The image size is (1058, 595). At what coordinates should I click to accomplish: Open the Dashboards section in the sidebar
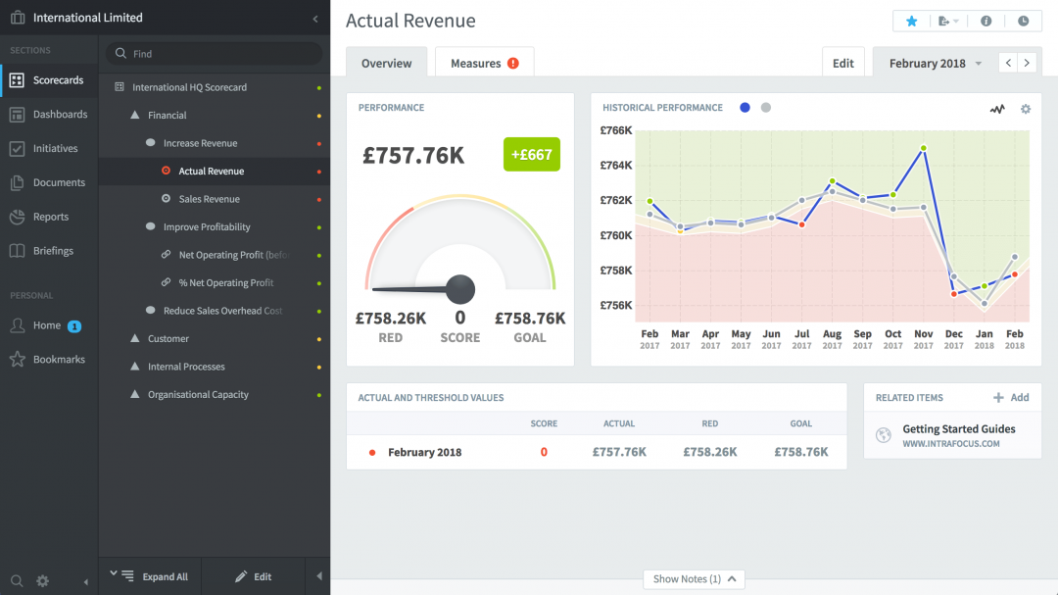(x=60, y=115)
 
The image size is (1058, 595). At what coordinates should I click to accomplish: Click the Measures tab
(x=484, y=63)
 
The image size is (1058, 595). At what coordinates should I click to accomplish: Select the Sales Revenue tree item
(x=209, y=199)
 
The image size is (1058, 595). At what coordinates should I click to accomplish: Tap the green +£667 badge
(x=532, y=155)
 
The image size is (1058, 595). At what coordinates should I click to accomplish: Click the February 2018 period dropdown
(x=935, y=63)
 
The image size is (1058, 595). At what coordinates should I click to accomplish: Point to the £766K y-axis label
(x=616, y=130)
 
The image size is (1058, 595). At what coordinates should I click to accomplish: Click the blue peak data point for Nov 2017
(x=924, y=148)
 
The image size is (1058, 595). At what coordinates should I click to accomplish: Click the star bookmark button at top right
(x=912, y=21)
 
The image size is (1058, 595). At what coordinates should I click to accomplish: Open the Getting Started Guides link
(x=958, y=429)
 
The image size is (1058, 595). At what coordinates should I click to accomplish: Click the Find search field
(x=216, y=54)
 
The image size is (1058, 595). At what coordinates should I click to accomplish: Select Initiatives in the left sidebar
(x=55, y=149)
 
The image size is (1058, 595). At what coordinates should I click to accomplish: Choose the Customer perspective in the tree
(x=168, y=339)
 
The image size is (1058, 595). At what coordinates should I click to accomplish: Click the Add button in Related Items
(x=1011, y=398)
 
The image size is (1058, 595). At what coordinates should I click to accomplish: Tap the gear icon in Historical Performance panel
(x=1026, y=109)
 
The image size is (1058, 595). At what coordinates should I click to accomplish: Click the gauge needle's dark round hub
(x=460, y=289)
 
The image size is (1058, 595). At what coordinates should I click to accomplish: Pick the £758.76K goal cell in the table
(x=800, y=452)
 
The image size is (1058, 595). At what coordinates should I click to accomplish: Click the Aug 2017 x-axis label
(x=832, y=339)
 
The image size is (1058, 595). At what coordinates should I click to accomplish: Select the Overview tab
(x=386, y=63)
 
